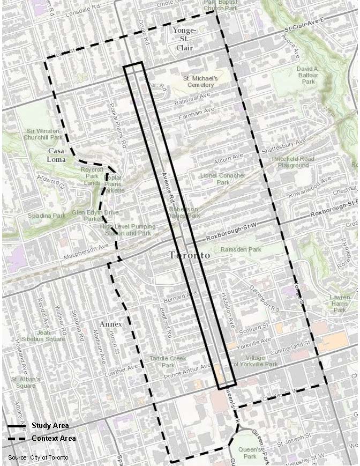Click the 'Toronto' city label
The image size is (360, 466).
[190, 255]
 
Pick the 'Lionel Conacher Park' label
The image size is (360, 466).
[222, 179]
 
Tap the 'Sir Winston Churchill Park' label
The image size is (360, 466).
[44, 134]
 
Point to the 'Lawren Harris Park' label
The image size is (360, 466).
[340, 303]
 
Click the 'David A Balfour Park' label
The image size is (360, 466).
[307, 76]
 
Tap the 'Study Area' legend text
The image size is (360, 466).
[49, 426]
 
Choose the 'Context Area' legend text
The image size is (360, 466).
[53, 438]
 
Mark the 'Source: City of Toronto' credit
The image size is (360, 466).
[38, 457]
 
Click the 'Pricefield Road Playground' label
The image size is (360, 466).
[293, 162]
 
